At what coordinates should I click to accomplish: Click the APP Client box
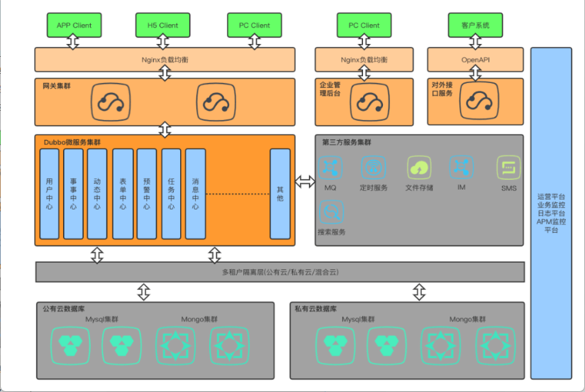pyautogui.click(x=74, y=25)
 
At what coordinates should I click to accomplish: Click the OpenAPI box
pyautogui.click(x=475, y=60)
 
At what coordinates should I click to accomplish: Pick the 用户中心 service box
pyautogui.click(x=49, y=194)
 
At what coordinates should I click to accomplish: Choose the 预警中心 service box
pyautogui.click(x=146, y=194)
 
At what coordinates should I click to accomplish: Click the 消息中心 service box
pyautogui.click(x=195, y=194)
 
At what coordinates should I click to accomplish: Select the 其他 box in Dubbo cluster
pyautogui.click(x=279, y=194)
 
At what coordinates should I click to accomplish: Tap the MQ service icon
pyautogui.click(x=330, y=168)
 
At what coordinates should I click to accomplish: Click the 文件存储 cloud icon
pyautogui.click(x=419, y=168)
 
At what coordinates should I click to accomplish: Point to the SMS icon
pyautogui.click(x=508, y=168)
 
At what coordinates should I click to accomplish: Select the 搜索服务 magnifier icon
pyautogui.click(x=331, y=212)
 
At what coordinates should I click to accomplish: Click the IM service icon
pyautogui.click(x=461, y=168)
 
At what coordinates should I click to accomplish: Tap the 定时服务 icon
pyautogui.click(x=374, y=168)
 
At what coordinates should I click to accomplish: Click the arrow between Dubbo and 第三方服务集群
pyautogui.click(x=305, y=182)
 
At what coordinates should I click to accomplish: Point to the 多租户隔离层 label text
pyautogui.click(x=280, y=272)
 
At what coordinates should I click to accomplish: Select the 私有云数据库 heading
pyautogui.click(x=316, y=310)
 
